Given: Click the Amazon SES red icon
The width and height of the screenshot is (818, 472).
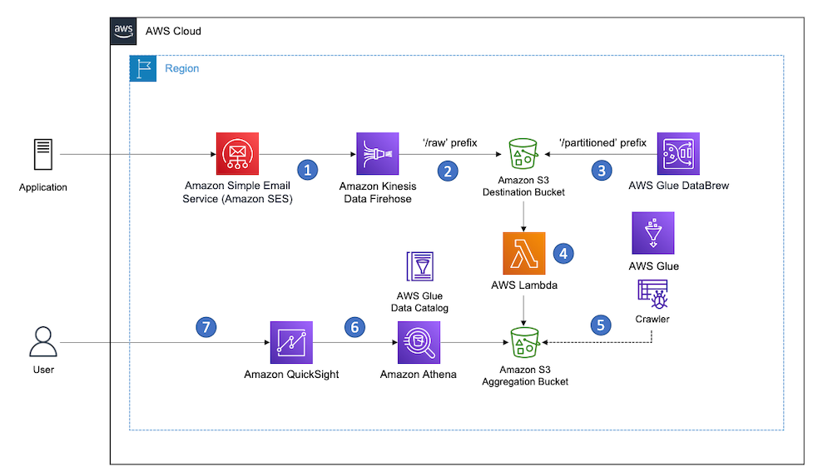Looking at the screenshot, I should click(x=237, y=154).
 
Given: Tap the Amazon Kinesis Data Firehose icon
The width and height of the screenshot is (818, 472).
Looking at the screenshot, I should click(x=376, y=154).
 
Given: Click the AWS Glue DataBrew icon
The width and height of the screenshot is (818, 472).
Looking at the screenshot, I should click(x=678, y=154).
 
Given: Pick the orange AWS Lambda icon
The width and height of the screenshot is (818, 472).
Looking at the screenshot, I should click(x=523, y=253).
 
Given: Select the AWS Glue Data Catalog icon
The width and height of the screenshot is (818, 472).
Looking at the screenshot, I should click(x=419, y=268).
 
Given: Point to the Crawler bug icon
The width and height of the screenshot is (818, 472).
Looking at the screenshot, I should click(x=652, y=295).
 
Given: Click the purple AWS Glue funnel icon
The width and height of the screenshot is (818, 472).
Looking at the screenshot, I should click(x=653, y=233).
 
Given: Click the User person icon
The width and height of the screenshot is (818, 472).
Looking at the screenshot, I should click(x=42, y=342).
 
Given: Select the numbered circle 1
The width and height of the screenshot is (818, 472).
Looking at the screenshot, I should click(x=308, y=170).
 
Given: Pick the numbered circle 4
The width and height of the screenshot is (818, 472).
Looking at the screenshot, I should click(x=564, y=253).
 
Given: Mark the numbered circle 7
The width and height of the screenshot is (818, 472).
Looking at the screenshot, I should click(x=205, y=327).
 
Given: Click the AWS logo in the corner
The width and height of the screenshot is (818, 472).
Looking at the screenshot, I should click(x=123, y=31).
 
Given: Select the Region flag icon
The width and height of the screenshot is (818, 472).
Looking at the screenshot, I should click(x=142, y=68).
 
